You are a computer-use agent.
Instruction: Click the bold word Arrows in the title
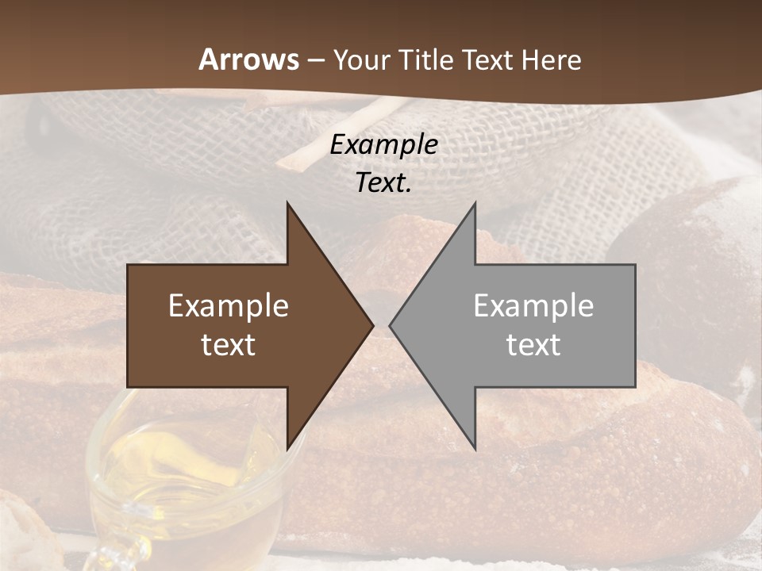[249, 59]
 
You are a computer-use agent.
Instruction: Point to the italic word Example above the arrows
[384, 144]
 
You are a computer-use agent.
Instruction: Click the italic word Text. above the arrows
[384, 182]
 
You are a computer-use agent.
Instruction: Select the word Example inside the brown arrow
[229, 306]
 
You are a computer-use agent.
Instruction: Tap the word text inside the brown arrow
[229, 344]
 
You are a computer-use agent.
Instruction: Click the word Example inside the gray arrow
[533, 306]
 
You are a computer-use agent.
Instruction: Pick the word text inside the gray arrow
[533, 344]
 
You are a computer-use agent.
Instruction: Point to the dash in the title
[316, 61]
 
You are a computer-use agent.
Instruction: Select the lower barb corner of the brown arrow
[287, 447]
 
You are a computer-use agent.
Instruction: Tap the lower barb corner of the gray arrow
[475, 447]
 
